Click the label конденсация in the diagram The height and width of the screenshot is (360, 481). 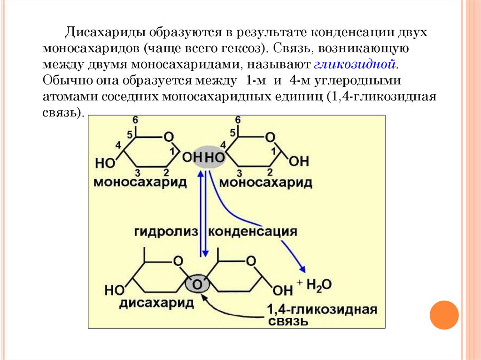(x=253, y=232)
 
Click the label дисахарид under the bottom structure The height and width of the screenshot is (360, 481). (x=156, y=303)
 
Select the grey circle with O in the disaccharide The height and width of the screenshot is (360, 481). (x=197, y=283)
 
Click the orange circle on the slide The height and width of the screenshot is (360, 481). (x=443, y=314)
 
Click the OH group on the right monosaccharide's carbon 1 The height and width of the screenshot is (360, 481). (x=299, y=162)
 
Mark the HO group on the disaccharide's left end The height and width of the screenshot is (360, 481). (x=114, y=290)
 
